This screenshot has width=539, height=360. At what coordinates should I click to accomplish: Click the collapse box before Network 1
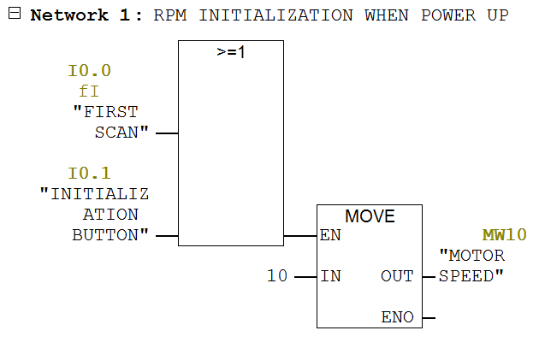point(14,15)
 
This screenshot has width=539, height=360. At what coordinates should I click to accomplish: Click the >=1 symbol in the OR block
point(230,52)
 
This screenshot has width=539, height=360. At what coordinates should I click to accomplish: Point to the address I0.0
point(89,71)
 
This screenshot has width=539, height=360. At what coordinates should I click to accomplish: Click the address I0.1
point(89,174)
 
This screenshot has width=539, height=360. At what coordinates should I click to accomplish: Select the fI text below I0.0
point(89,91)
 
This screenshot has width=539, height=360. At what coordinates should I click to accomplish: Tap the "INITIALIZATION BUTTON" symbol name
point(96,215)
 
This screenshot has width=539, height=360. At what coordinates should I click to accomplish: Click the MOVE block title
point(370,216)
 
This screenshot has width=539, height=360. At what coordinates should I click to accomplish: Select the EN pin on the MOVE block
point(330,236)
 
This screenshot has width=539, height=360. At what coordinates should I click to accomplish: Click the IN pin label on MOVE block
point(330,276)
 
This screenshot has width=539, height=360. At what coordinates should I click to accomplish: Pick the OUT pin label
point(397,276)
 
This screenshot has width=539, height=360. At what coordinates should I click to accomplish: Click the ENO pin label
point(397,317)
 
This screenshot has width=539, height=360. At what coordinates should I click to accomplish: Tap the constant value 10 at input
point(277,276)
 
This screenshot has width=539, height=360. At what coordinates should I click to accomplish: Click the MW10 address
point(504,234)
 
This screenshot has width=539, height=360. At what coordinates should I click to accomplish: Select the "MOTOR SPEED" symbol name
point(471,266)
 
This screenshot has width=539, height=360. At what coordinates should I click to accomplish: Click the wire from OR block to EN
point(299,235)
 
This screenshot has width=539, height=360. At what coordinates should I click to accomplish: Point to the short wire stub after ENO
point(429,317)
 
